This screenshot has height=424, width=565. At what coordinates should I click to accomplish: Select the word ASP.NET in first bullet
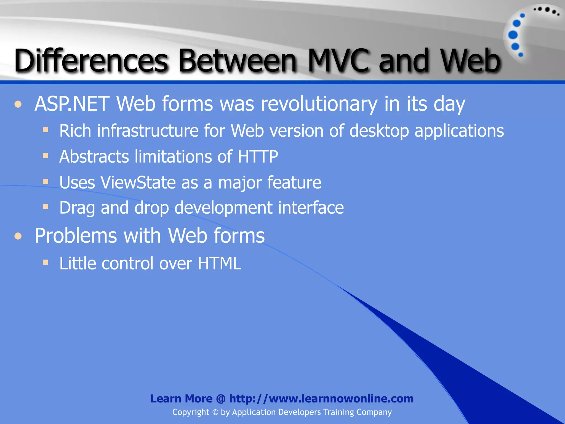click(x=72, y=104)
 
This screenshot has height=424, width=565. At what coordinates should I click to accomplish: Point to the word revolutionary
click(x=319, y=104)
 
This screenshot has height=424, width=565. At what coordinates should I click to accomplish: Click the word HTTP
click(x=258, y=157)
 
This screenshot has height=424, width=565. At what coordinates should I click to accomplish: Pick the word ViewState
click(x=138, y=182)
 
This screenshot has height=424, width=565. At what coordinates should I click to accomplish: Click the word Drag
click(x=77, y=208)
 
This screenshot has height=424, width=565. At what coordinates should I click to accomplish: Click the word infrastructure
click(x=148, y=131)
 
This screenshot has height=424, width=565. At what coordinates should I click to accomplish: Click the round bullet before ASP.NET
click(x=18, y=104)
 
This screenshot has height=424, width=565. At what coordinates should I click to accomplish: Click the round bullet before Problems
click(x=18, y=236)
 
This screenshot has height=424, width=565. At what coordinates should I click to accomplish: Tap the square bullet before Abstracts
click(x=46, y=156)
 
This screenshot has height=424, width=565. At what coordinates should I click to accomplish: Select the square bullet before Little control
click(x=46, y=262)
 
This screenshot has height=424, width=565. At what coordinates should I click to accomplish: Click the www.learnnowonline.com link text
click(x=321, y=399)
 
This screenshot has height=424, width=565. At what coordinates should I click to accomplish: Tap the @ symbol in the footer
click(x=221, y=399)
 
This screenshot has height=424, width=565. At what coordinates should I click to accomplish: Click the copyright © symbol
click(x=215, y=412)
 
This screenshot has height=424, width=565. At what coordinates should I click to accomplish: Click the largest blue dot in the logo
click(x=513, y=35)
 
